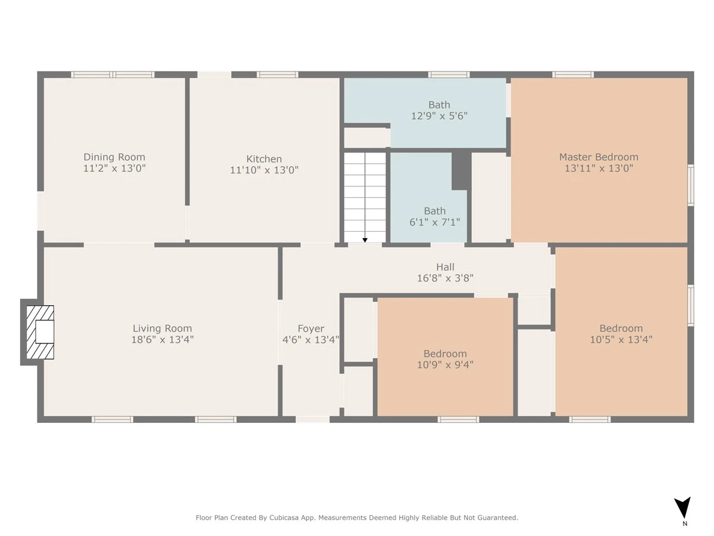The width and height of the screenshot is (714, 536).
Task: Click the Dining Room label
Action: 114,157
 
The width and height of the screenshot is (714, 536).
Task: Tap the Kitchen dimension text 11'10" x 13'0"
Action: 264,170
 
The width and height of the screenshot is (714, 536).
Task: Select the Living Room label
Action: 162,328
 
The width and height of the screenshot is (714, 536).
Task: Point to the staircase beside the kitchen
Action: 365,197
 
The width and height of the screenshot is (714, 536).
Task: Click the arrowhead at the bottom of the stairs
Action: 365,240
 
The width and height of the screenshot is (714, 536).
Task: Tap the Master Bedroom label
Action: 599,157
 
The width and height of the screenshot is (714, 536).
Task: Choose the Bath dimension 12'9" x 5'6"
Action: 439,116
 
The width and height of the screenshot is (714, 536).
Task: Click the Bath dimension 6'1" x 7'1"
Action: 434,222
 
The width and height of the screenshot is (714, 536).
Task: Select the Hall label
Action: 445,267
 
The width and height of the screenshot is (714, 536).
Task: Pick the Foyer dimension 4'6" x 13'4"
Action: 311,339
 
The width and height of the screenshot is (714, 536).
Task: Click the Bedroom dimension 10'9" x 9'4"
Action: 445,364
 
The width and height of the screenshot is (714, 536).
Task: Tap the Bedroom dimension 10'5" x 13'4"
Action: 621,339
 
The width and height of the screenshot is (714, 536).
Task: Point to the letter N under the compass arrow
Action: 685,523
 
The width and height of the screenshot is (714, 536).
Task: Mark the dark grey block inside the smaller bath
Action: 461,171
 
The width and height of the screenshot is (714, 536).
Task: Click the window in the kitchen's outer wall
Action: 277,75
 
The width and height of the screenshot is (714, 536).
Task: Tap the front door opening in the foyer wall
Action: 312,419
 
